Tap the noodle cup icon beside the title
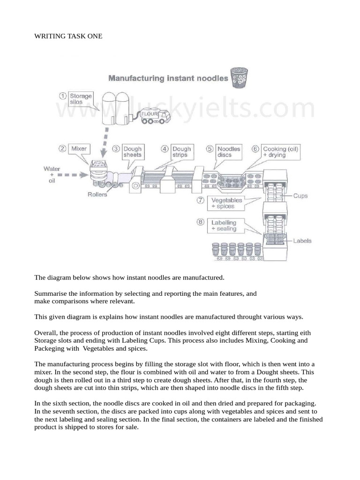240,78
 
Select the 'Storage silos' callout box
81,99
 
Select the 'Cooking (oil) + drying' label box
280,151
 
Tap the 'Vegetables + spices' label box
226,203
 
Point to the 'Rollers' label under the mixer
97,195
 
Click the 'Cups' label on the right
300,195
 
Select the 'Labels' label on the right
302,241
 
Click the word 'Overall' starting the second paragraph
45,332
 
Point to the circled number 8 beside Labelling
201,223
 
